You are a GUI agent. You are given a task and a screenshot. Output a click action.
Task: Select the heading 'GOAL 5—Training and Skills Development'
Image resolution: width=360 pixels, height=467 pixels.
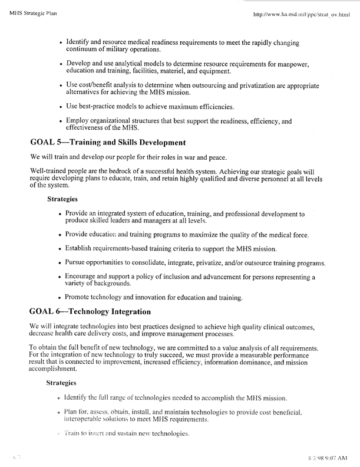[108, 142]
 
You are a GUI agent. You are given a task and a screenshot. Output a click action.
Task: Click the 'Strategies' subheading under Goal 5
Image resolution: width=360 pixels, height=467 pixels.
[63, 199]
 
